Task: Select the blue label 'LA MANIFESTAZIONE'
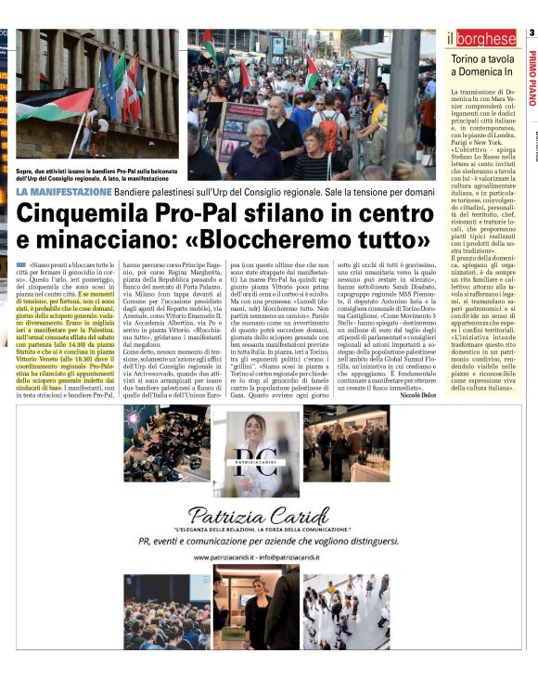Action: coord(63,191)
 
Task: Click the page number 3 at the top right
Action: coord(532,34)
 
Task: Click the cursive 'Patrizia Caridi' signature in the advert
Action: coord(255,515)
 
